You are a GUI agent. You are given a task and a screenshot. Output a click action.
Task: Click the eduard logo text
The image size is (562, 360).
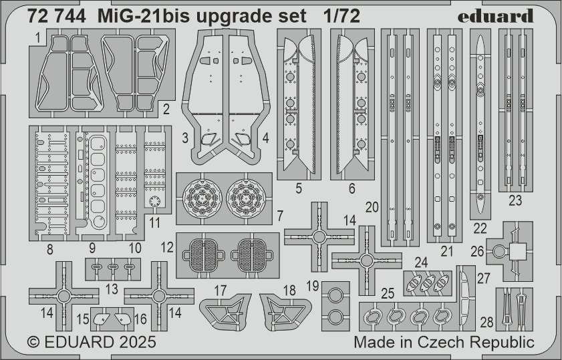tap(496, 16)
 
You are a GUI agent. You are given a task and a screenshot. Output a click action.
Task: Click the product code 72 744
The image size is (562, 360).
tap(57, 17)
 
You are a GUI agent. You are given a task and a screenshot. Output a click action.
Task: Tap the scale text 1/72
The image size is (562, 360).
tap(341, 17)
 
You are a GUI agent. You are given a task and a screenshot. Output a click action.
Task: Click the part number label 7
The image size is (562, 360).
tap(280, 216)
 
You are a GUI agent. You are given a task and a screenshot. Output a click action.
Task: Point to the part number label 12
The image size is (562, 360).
tap(167, 248)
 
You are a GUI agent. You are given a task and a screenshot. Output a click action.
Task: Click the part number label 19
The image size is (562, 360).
tap(313, 287)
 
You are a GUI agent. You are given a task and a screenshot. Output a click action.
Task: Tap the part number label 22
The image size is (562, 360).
tap(480, 228)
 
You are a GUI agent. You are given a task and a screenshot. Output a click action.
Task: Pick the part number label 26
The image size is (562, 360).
tap(477, 251)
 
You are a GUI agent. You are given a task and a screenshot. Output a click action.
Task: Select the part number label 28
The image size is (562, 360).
tap(486, 323)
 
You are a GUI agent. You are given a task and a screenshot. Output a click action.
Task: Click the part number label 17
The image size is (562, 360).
tap(221, 291)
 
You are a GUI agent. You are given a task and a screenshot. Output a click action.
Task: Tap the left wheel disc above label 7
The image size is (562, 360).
tap(200, 198)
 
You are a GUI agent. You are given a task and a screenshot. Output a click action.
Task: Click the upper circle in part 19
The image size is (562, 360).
tap(335, 296)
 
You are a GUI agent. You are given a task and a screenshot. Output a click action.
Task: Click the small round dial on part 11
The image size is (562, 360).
tap(154, 201)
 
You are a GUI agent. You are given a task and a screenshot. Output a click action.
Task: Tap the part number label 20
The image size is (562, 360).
tap(372, 208)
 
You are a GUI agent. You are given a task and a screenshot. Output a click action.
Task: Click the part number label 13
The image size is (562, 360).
tap(112, 289)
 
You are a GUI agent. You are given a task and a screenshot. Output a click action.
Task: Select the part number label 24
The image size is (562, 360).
tap(421, 262)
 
